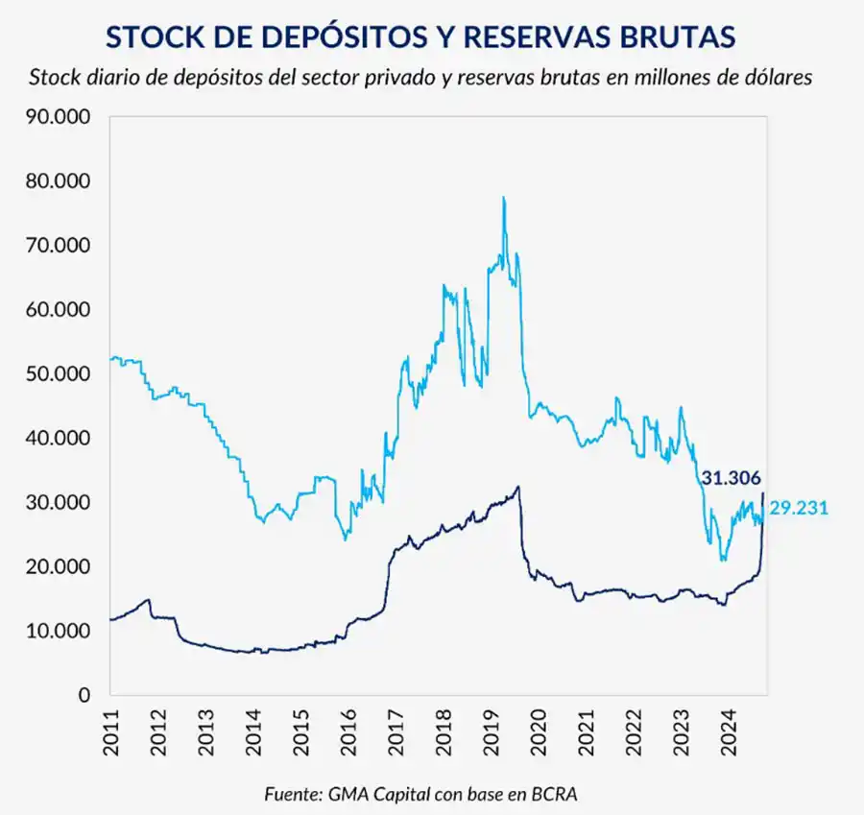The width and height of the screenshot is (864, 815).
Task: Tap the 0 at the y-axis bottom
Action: tap(84, 695)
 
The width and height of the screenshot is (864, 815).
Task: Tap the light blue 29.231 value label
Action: tap(799, 508)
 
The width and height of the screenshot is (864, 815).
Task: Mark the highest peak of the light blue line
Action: tap(503, 198)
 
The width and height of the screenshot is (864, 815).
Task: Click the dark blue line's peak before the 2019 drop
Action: tap(518, 487)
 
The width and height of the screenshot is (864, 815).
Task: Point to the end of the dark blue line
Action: tap(763, 493)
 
